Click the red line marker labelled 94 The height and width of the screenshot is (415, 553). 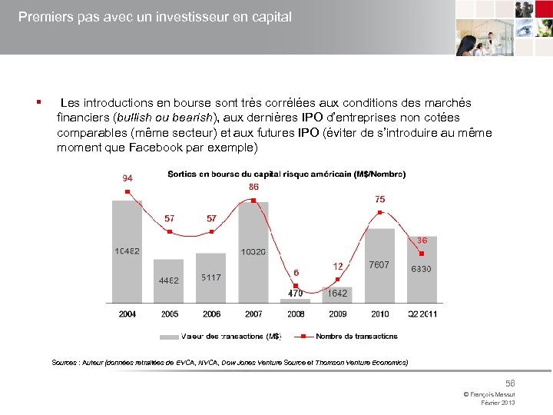(127, 191)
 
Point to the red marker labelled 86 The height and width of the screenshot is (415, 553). (253, 201)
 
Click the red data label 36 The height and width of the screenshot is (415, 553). (422, 241)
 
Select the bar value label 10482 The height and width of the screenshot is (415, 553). (127, 251)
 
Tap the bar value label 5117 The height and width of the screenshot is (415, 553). (211, 277)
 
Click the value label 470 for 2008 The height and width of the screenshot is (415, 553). (295, 293)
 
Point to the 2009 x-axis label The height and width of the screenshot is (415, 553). (337, 314)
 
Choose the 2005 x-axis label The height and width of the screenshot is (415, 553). (170, 314)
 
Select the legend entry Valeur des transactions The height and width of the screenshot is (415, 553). (230, 336)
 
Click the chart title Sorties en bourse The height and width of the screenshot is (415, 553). (286, 174)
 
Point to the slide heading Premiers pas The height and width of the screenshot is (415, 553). (154, 16)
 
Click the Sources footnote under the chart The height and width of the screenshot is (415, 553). (230, 362)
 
